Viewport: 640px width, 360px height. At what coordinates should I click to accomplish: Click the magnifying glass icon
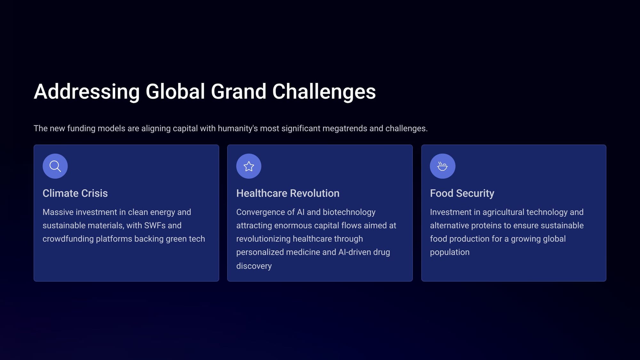[55, 166]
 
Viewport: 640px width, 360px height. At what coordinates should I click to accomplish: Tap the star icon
[249, 166]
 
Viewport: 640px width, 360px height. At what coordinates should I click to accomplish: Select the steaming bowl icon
[442, 166]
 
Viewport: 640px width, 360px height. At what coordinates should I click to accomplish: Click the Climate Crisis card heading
[75, 193]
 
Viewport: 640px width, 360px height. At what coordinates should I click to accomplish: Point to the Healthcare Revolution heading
[288, 193]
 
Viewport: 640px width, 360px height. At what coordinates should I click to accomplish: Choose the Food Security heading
[462, 193]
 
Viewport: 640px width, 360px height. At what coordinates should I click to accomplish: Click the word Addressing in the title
[87, 92]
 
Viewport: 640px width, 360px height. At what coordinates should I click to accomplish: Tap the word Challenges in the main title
[324, 92]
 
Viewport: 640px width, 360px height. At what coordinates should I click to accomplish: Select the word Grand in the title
[238, 92]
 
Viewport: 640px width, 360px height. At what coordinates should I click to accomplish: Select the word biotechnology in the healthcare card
[349, 212]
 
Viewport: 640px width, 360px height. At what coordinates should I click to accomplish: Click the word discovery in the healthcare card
[254, 266]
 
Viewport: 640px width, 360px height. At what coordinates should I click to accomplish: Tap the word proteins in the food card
[486, 226]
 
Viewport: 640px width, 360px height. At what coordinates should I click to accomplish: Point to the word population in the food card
[450, 252]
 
